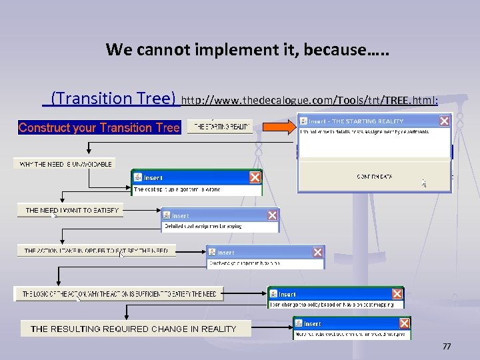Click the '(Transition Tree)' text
pos(113,99)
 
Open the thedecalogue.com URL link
pos(309,100)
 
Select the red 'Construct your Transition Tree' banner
pos(99,127)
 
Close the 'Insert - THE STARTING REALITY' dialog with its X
pos(444,121)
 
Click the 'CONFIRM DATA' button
pos(374,177)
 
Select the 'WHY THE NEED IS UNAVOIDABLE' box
pos(65,163)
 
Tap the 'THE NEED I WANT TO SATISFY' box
pos(71,210)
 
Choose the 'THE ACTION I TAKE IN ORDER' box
pos(97,251)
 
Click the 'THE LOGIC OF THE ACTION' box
pos(119,293)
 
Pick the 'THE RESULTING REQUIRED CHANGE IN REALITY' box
pos(133,329)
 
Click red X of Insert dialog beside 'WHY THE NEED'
pos(254,177)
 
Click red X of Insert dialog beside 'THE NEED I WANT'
pos(272,215)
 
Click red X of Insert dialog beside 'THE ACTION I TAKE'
pos(317,252)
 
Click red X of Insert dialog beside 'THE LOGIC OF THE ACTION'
pos(397,294)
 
